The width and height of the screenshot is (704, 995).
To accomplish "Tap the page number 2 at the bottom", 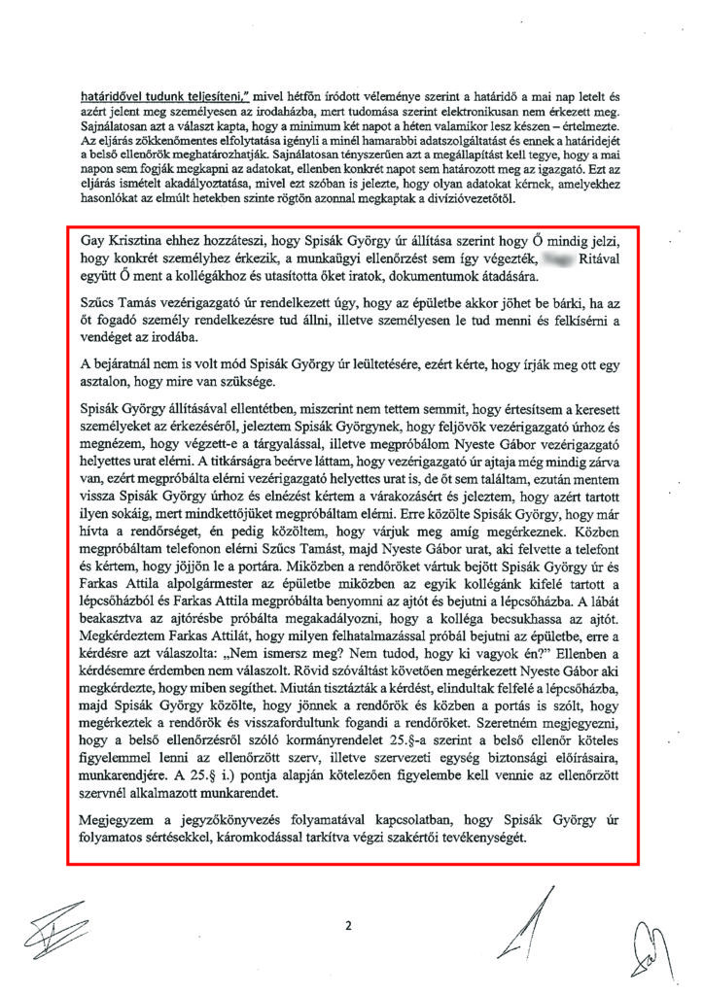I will point(347,926).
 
